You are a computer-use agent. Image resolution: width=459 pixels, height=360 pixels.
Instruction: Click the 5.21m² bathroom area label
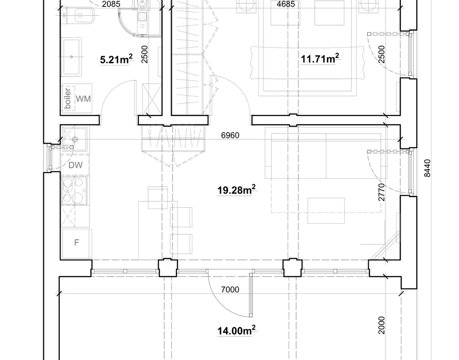coord(116,59)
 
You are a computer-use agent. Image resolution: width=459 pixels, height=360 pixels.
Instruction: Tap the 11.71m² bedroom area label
coord(320,59)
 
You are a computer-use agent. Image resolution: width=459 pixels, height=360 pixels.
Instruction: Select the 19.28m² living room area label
coord(236,190)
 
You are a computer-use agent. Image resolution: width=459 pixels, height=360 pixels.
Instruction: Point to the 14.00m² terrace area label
coord(236,331)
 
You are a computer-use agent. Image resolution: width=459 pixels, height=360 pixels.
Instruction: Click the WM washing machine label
coord(83,99)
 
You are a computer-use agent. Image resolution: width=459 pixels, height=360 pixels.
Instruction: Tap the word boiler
coord(67,99)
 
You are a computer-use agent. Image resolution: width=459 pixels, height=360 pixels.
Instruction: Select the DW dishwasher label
coord(75,165)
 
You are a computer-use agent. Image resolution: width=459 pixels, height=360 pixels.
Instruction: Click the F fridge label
coord(76,243)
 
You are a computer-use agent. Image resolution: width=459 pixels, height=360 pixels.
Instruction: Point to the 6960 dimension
coord(230,135)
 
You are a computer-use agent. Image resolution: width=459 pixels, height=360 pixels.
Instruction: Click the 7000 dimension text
coord(230,289)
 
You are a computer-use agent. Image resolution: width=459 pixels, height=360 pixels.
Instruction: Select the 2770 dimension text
coord(381,192)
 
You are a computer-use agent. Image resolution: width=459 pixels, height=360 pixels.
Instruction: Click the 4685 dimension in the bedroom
coord(285,4)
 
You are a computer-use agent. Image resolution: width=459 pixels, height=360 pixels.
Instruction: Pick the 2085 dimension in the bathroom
coord(111,4)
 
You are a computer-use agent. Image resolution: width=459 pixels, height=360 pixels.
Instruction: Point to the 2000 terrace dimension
coord(381,325)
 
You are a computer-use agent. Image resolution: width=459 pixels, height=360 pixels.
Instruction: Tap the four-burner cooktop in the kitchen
coord(74,190)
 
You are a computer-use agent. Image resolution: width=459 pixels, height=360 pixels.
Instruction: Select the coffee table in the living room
coord(326,210)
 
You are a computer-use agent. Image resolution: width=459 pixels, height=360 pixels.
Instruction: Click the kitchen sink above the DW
coord(74,138)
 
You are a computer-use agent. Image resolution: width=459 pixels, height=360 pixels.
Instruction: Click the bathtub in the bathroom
coord(72,57)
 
